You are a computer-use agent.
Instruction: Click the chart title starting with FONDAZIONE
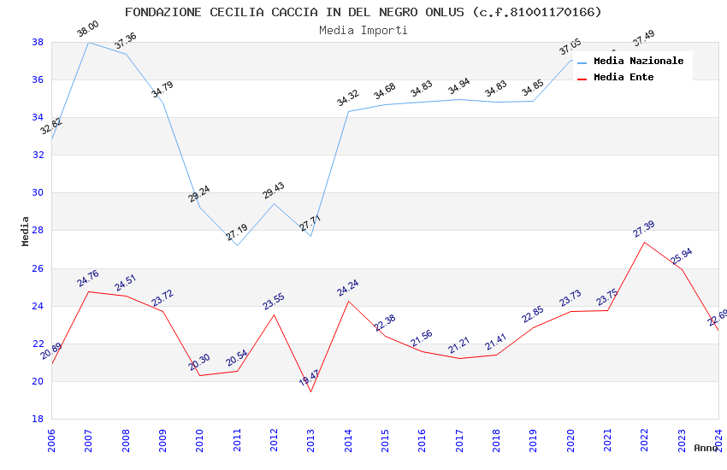click(x=363, y=12)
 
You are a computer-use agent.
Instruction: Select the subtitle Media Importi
click(x=363, y=30)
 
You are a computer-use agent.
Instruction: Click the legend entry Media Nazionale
click(x=638, y=61)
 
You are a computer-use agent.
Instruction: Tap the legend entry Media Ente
click(x=624, y=77)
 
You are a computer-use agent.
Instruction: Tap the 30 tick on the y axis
click(x=38, y=193)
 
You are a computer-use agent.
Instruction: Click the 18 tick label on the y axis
click(x=38, y=420)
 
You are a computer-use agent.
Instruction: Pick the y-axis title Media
click(x=26, y=231)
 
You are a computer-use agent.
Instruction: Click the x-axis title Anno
click(x=706, y=448)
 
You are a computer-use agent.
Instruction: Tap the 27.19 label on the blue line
click(x=237, y=232)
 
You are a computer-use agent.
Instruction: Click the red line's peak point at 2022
click(x=644, y=242)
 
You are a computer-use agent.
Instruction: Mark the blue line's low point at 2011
click(x=237, y=245)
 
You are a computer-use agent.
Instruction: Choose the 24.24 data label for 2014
click(x=347, y=288)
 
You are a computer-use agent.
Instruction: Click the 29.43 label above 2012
click(x=274, y=191)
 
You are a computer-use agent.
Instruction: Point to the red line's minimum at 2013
click(x=310, y=391)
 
